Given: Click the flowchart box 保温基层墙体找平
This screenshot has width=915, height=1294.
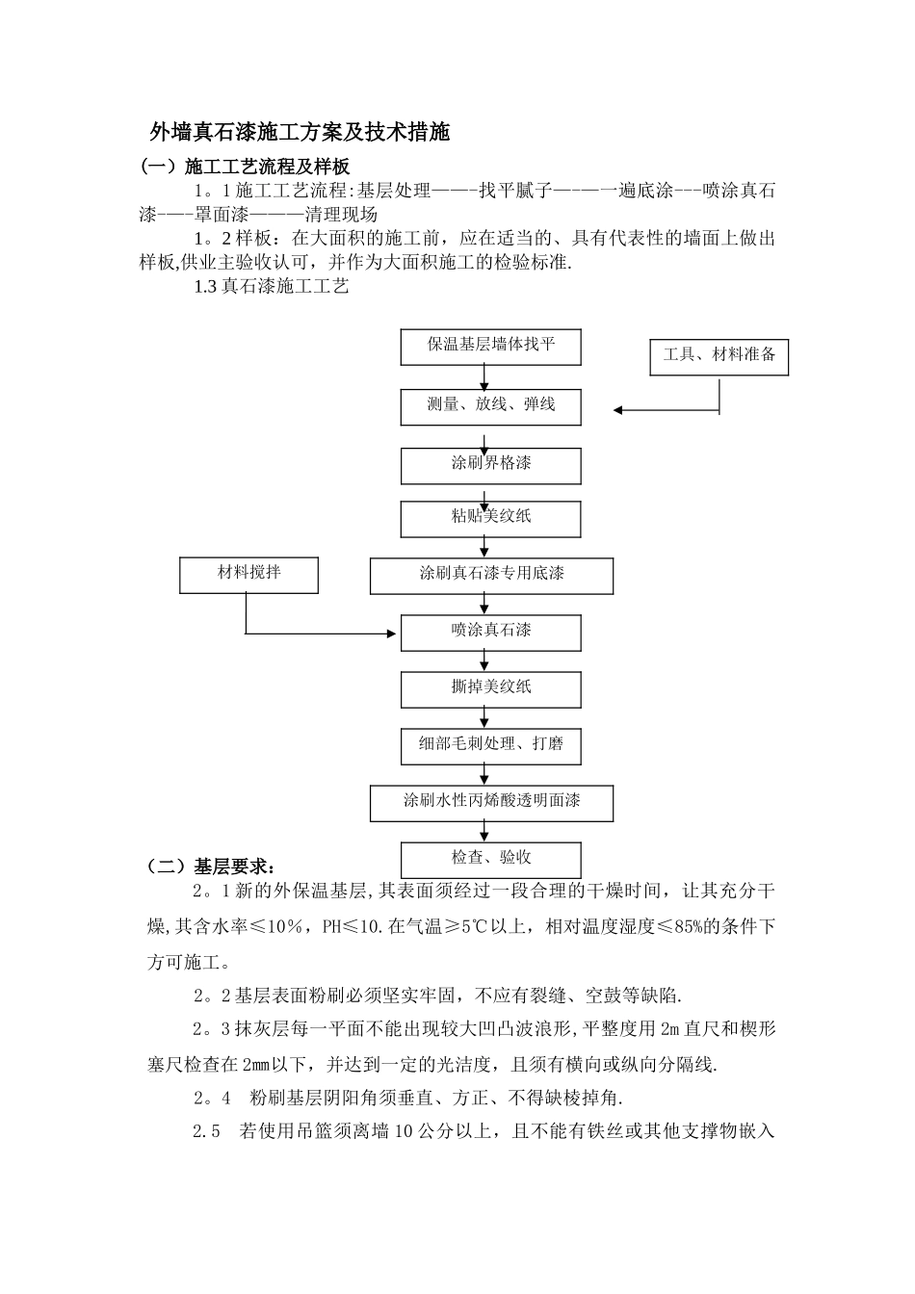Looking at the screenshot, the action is (491, 346).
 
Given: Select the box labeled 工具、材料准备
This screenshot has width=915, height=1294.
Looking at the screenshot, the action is (719, 355).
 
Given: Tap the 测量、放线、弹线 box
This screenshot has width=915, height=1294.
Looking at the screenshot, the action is (491, 405).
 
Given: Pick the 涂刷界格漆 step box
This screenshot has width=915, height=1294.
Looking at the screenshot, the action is (491, 464).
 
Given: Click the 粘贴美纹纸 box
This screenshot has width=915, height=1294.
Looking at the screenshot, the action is (491, 517).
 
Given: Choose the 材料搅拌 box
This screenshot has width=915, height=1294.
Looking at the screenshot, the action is (248, 574).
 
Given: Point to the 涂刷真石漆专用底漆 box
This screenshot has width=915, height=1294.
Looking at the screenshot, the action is (491, 575).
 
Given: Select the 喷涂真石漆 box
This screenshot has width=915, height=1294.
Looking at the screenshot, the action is (491, 632).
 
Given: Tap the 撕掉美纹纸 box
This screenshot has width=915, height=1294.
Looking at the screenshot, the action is (491, 688).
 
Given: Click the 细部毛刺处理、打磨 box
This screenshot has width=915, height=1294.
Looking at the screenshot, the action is (491, 744).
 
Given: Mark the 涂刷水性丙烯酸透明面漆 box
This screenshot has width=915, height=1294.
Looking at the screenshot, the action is (491, 802).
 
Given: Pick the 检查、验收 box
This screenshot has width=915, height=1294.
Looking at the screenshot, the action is (491, 859).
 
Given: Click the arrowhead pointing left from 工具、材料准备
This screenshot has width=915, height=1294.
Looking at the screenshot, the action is (618, 410).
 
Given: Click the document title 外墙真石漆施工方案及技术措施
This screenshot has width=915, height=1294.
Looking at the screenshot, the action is (300, 132).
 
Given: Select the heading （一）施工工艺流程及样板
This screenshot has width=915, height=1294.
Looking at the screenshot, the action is (245, 166).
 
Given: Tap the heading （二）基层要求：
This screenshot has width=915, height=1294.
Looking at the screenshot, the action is (210, 866).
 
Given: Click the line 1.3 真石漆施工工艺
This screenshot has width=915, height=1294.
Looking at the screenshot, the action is (271, 286).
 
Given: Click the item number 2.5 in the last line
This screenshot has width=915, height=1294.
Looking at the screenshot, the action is (207, 1132).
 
